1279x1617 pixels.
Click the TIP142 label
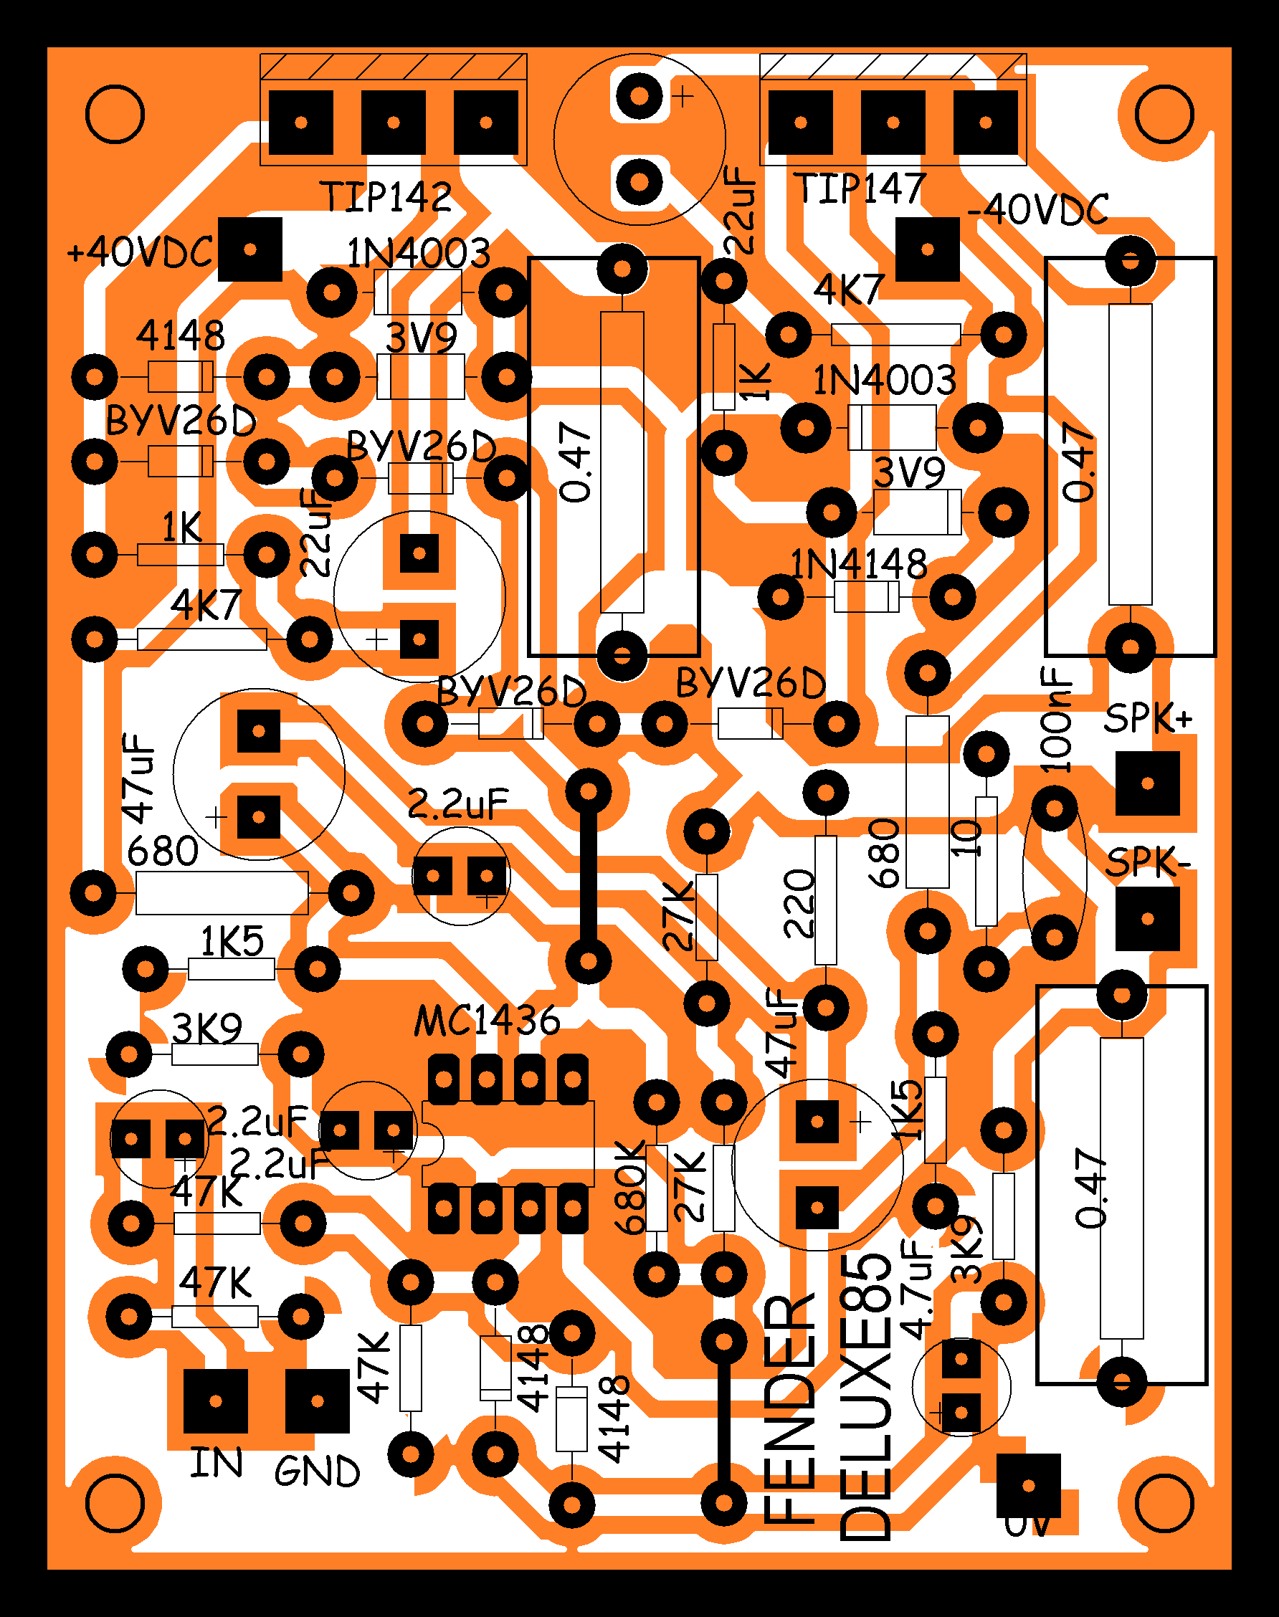coord(386,197)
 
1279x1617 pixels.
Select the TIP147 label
coord(860,188)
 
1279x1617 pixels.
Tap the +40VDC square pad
coord(250,249)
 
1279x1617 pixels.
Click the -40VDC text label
coord(1038,209)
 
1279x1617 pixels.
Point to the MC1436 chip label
coord(487,1021)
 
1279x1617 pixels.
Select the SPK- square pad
coord(1147,920)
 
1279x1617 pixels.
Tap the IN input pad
coord(216,1401)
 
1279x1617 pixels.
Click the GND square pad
coord(318,1401)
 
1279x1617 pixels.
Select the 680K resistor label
coord(630,1187)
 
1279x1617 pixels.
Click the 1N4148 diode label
coord(859,565)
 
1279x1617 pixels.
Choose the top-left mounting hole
coord(115,115)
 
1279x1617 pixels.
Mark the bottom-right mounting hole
coord(1164,1502)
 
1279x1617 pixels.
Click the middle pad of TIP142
coord(393,122)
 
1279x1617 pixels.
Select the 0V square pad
coord(1029,1486)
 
